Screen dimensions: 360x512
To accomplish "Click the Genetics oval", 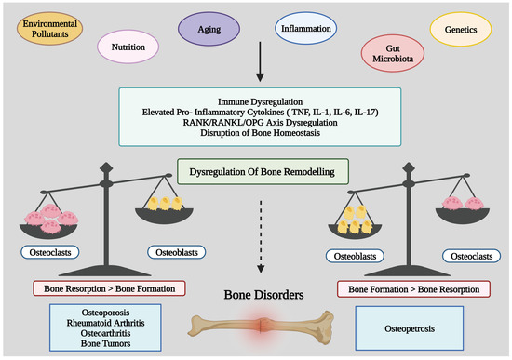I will point(467,30).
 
